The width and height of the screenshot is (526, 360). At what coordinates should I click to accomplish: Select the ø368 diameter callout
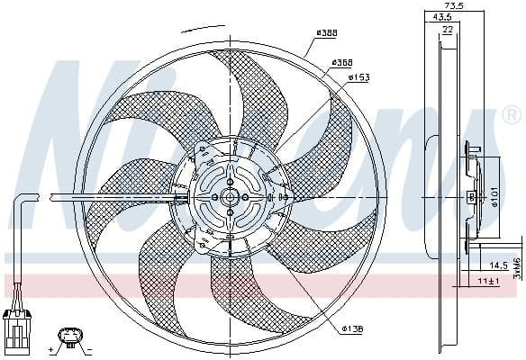click(x=340, y=62)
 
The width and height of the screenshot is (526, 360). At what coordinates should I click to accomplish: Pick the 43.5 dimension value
click(x=442, y=18)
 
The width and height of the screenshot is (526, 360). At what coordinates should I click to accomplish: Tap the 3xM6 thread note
click(x=517, y=268)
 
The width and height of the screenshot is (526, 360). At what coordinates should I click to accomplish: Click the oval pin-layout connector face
click(x=69, y=337)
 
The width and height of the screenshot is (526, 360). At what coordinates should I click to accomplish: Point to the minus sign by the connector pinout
click(x=89, y=346)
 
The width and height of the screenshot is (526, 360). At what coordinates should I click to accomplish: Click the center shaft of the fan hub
click(x=230, y=197)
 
